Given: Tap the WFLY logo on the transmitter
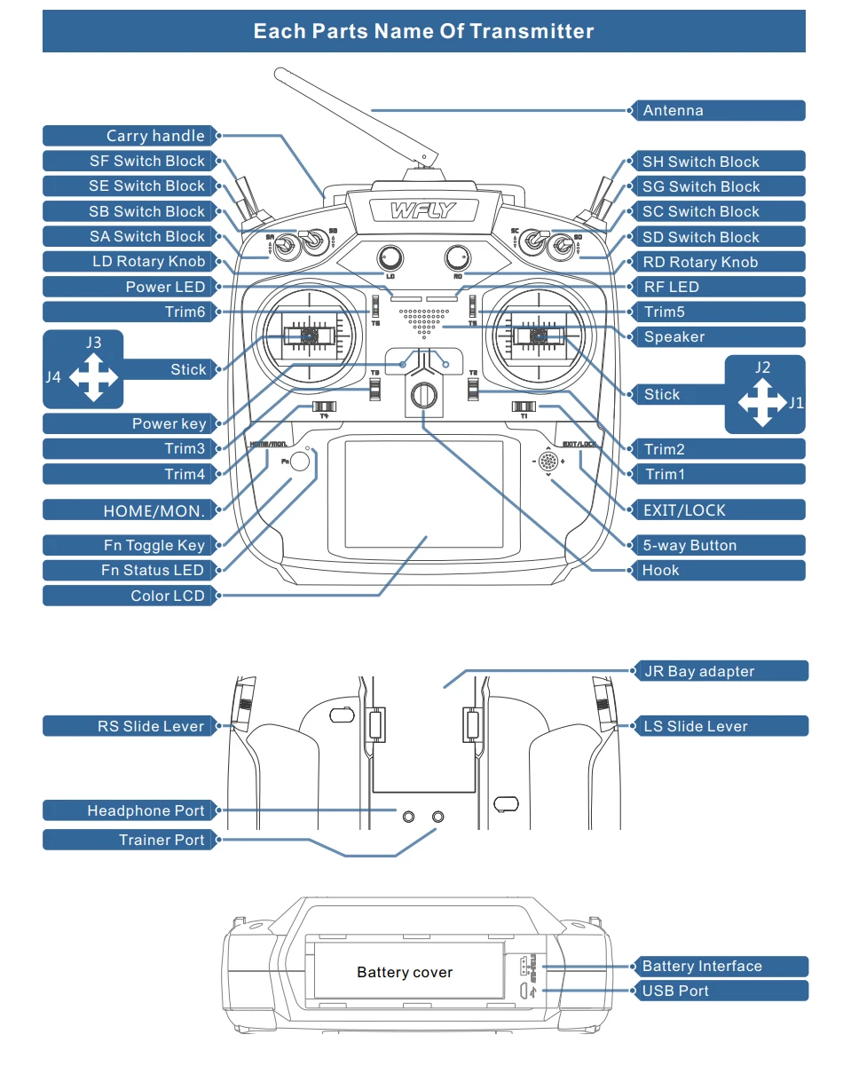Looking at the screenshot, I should point(423,211).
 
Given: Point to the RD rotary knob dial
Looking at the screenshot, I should point(457,257).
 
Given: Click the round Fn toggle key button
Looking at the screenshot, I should point(301,462).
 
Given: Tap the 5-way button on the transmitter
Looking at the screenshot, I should point(549,462).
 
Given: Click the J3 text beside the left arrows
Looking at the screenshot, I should point(93,343).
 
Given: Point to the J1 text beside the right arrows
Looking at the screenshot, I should point(796,403).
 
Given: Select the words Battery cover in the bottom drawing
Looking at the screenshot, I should point(405,973).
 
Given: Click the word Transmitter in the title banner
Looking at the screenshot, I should point(532,32).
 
